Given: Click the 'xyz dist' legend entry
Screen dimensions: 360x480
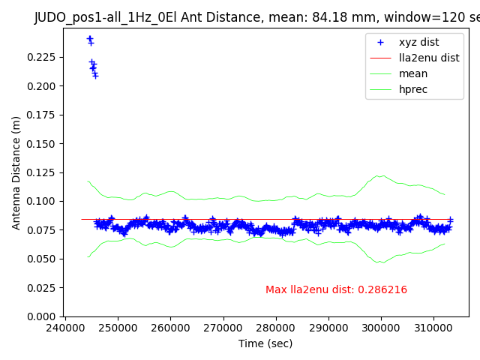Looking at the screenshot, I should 419,42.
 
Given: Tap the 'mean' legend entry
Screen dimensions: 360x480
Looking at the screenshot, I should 413,73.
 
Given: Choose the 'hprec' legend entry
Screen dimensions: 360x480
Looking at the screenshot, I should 413,89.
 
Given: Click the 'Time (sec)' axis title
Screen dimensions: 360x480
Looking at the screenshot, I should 265,343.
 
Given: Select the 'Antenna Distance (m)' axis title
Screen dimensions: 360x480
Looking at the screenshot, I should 16,172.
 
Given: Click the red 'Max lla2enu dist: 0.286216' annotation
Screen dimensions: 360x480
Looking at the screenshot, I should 336,290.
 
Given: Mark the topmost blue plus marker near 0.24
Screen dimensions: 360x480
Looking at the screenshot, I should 90,38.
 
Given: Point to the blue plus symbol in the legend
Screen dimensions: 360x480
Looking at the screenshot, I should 381,42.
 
